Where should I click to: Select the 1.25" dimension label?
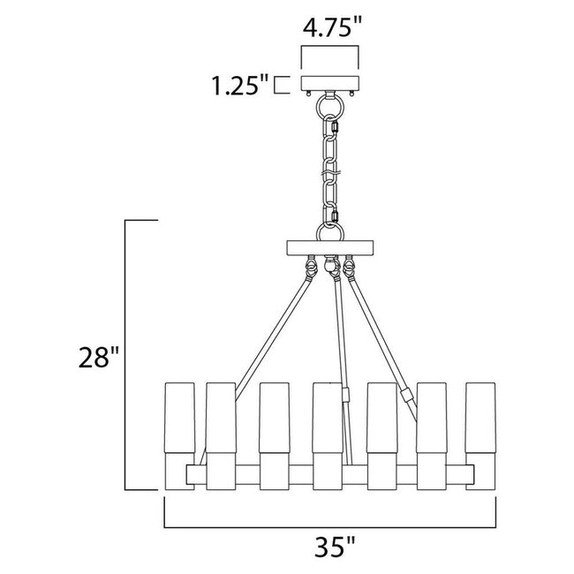point(238,87)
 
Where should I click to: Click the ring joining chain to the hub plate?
point(333,231)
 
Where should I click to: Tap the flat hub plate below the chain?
point(333,246)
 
